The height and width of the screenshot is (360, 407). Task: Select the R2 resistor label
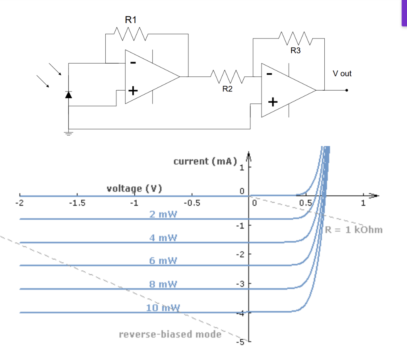[227, 89]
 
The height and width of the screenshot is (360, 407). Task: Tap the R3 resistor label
[296, 51]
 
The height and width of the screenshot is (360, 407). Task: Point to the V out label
[342, 74]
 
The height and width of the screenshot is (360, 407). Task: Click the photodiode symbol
[68, 95]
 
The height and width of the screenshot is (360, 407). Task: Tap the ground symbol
[69, 133]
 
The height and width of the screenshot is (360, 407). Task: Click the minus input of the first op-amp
[133, 63]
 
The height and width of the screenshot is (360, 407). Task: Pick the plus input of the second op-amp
[273, 103]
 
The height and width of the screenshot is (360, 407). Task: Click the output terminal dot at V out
[347, 90]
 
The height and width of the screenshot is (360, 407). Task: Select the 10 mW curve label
[163, 307]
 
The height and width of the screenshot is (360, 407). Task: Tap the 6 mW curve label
[163, 261]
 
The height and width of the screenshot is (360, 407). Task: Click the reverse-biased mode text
[170, 334]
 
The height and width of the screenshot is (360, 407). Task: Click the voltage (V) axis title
[134, 189]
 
